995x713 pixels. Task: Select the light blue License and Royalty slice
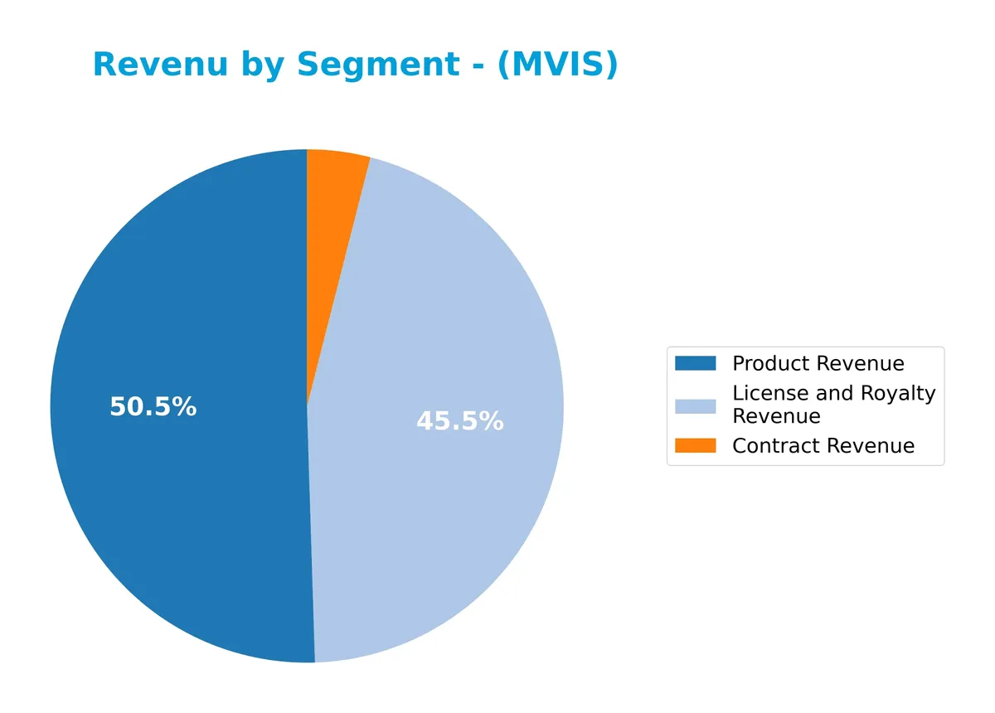tap(448, 332)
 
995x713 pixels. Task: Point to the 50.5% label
tap(153, 407)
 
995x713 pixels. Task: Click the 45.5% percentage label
tap(459, 421)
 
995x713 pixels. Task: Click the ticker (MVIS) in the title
tap(557, 64)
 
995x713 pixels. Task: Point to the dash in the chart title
tap(478, 65)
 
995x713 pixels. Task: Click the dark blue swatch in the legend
tap(695, 363)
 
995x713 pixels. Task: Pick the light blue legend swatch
tap(695, 405)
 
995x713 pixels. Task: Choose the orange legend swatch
tap(695, 446)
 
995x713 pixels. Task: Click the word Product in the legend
tap(771, 363)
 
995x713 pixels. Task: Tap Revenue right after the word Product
tap(860, 363)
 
